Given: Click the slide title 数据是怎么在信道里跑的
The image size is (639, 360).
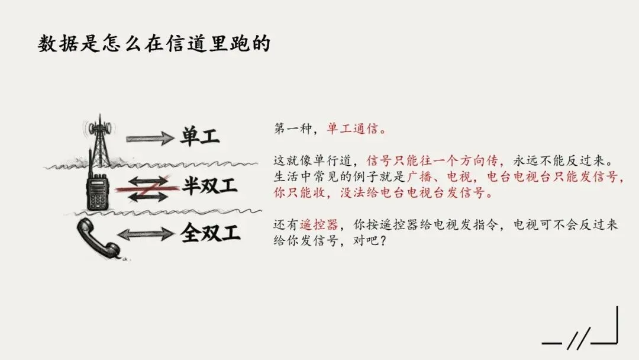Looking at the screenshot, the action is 154,44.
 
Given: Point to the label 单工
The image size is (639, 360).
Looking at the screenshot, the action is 200,137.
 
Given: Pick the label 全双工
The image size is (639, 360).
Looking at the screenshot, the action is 210,233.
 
